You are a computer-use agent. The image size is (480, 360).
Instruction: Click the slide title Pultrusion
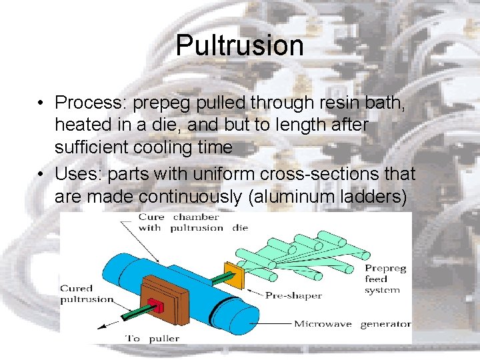[x=240, y=45]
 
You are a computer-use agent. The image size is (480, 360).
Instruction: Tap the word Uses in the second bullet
[x=77, y=174]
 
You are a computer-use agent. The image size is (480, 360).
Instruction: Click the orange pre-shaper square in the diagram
[x=235, y=275]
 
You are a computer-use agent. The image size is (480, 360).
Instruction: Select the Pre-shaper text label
[x=293, y=295]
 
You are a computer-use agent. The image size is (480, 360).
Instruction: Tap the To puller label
[x=153, y=338]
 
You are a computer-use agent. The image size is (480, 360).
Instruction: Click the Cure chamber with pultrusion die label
[x=193, y=222]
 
